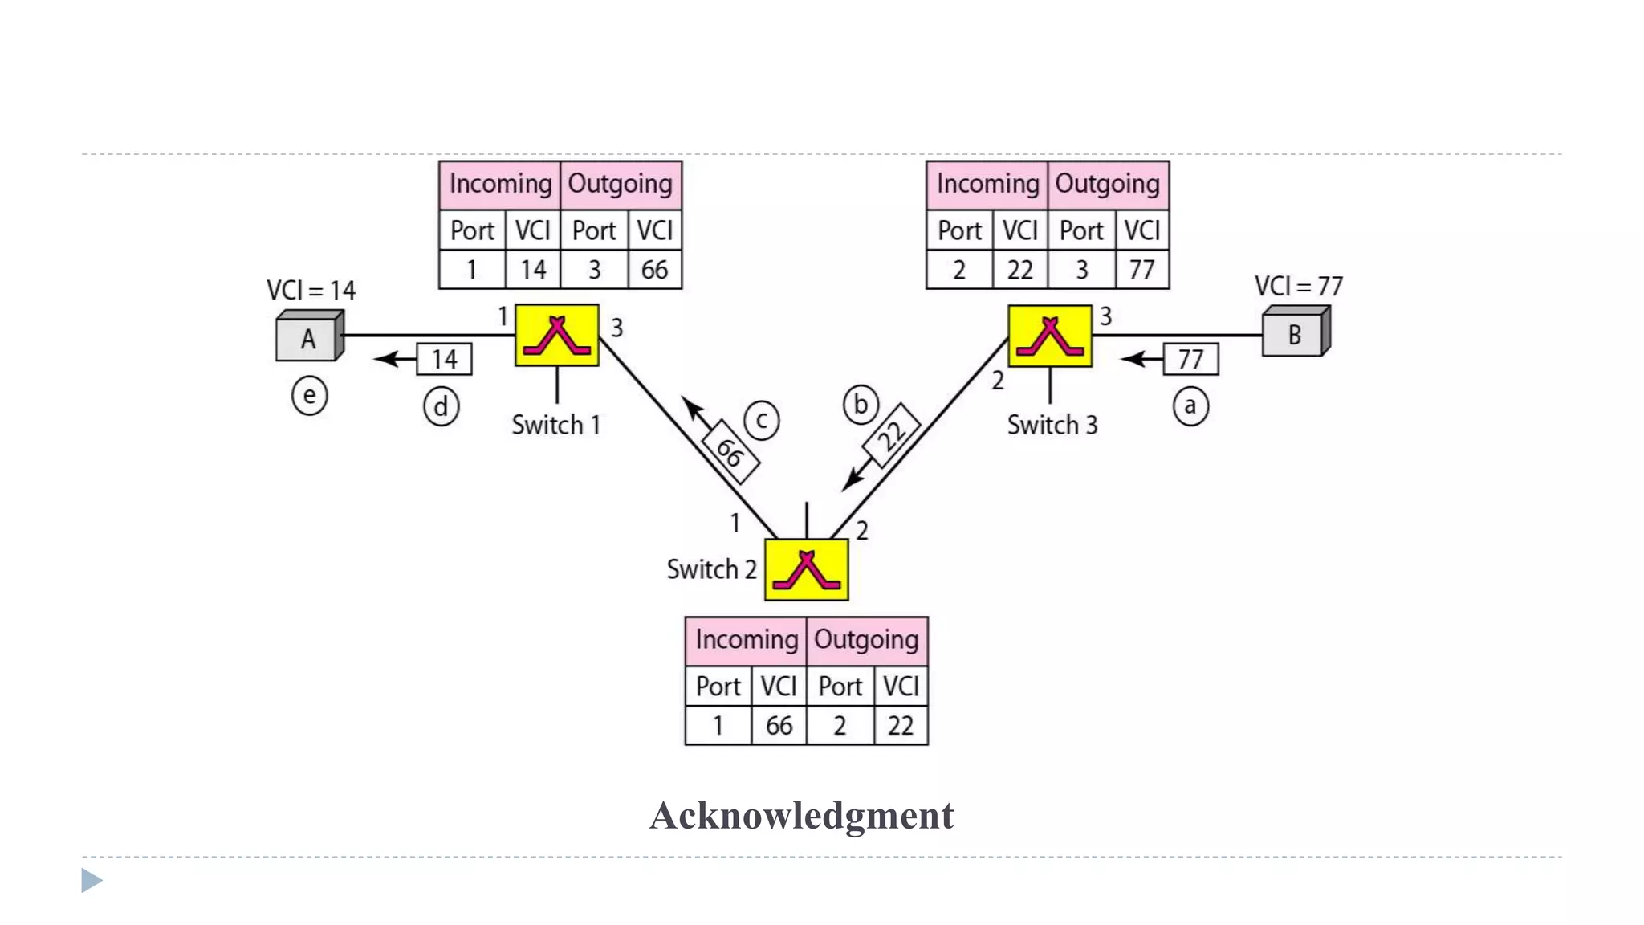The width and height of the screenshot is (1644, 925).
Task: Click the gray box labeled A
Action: pos(308,338)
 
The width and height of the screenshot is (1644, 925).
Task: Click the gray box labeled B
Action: pos(1294,334)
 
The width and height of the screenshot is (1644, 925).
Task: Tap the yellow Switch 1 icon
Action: pos(556,336)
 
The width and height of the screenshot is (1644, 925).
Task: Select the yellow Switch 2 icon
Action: pos(806,569)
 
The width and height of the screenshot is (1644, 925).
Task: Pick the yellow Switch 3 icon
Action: pos(1049,336)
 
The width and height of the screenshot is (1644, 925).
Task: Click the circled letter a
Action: pos(1190,406)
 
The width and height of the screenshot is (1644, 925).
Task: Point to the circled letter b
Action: pos(861,405)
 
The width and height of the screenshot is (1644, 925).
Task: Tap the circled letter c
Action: pos(761,420)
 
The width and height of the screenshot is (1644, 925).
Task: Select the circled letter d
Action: pos(441,407)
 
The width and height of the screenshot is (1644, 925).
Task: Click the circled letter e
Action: pos(309,396)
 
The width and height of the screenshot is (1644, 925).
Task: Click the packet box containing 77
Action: pos(1190,359)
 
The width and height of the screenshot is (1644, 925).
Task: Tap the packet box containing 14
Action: pos(444,359)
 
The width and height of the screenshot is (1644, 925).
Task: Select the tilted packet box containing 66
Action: pos(730,452)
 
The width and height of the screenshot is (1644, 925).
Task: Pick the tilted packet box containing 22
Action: pos(891,435)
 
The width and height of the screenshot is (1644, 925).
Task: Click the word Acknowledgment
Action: pos(801,816)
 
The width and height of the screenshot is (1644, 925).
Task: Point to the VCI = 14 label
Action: pos(311,290)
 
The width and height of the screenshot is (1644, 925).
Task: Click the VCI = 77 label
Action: pos(1298,287)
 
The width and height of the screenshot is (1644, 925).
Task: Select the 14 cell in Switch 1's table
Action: pos(533,270)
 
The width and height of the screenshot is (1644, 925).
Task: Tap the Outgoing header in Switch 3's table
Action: pos(1107,184)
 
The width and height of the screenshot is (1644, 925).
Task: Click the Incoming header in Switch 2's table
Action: pos(746,640)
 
